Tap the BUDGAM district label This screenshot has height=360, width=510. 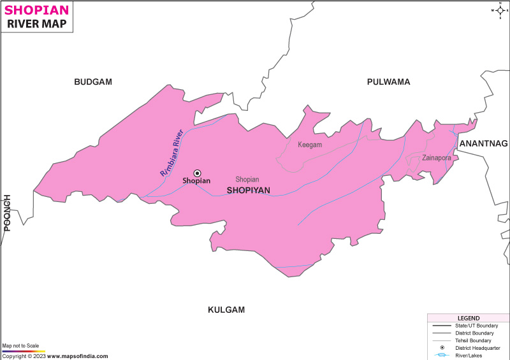(x=93, y=82)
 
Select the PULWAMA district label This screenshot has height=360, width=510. (x=388, y=82)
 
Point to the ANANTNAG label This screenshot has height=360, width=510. (x=484, y=143)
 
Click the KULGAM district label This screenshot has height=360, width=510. (x=226, y=310)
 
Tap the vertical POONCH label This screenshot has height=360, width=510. (x=8, y=212)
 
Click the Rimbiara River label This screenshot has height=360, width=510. (x=171, y=153)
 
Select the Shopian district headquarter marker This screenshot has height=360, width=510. (x=197, y=173)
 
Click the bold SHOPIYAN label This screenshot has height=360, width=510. (x=249, y=191)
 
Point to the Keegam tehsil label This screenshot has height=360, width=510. (x=310, y=145)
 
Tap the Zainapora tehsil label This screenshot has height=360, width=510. (x=437, y=157)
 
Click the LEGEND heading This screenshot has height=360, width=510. (x=468, y=318)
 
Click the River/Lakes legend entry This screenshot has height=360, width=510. (x=469, y=356)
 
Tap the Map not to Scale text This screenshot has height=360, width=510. (x=20, y=345)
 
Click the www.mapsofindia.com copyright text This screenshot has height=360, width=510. (x=76, y=356)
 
